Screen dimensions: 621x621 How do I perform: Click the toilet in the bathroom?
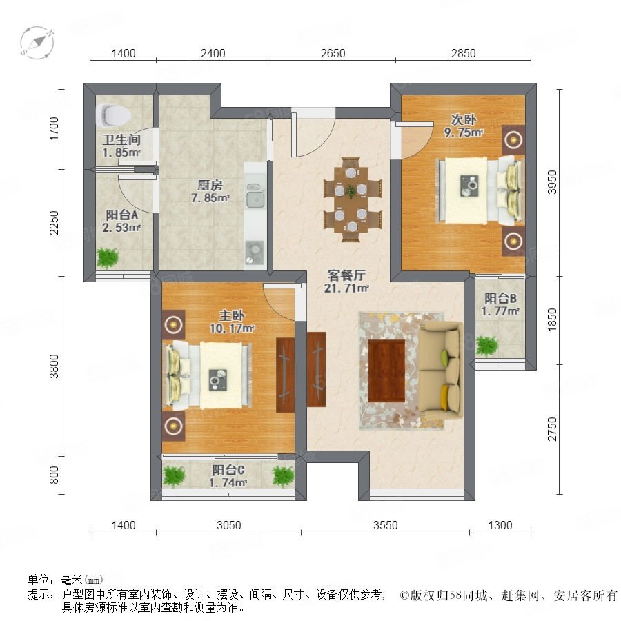tap(113, 115)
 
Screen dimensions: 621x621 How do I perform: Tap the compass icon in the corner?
tap(37, 43)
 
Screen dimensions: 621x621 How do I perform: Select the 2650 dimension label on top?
tap(333, 53)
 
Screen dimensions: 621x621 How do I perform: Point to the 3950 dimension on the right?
tap(552, 182)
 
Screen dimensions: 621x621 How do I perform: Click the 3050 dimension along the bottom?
tap(229, 525)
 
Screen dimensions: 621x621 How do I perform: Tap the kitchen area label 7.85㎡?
tap(210, 197)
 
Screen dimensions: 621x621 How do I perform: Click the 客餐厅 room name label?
tap(346, 275)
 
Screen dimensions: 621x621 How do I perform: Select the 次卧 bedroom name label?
tap(464, 119)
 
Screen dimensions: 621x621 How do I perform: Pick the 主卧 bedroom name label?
tap(232, 315)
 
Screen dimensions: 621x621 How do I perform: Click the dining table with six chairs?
tap(353, 199)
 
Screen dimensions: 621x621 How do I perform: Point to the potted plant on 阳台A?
tap(108, 258)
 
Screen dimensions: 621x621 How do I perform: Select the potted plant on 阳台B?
tap(486, 346)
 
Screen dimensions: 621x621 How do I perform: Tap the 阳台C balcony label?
tap(228, 470)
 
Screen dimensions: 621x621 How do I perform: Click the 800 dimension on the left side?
tap(54, 475)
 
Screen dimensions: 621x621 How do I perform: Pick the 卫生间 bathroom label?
tap(122, 139)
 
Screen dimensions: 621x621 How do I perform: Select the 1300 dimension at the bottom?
tap(500, 525)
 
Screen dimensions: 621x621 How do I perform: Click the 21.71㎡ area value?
tap(346, 288)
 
